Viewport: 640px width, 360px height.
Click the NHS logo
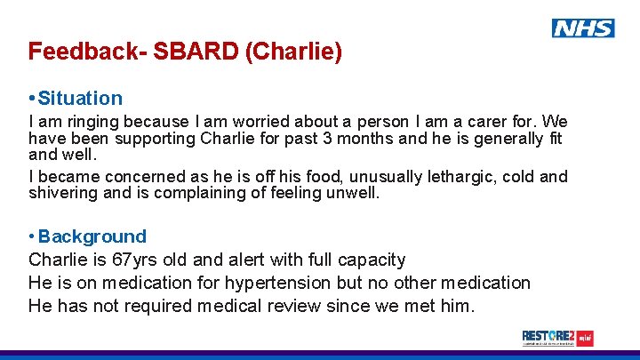point(582,28)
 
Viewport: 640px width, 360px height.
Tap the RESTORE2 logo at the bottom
point(557,338)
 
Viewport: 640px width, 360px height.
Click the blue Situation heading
point(80,98)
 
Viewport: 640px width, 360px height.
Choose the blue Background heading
point(92,236)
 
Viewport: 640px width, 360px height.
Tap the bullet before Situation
point(32,98)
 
